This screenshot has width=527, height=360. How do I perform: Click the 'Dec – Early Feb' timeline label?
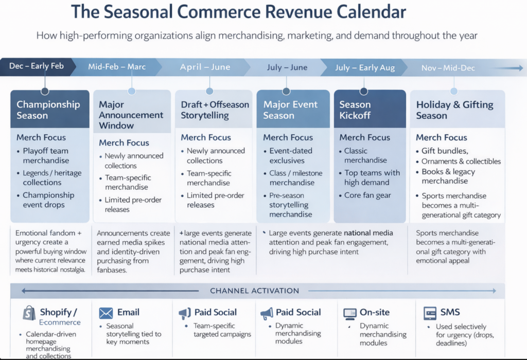[37, 66]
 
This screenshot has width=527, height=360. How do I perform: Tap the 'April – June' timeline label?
[205, 67]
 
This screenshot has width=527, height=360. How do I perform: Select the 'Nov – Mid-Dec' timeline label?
[448, 68]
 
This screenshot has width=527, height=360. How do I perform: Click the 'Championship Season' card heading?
[48, 110]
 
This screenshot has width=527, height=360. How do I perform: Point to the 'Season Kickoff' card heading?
[355, 110]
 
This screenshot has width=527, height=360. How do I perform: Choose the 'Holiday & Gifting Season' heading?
[455, 110]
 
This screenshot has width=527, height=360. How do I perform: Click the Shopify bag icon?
[29, 313]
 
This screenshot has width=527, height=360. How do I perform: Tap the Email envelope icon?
[106, 313]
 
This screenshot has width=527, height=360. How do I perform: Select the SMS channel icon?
[430, 313]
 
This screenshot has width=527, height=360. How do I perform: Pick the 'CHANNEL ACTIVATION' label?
[254, 291]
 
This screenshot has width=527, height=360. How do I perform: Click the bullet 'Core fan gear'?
[367, 195]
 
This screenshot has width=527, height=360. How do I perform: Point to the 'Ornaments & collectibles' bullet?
[461, 161]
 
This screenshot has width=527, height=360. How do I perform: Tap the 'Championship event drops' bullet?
[48, 200]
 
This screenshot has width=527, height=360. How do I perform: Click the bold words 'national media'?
[368, 233]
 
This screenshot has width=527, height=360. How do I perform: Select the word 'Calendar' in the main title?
[371, 12]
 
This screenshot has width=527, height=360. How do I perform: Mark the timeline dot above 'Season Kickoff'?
[364, 91]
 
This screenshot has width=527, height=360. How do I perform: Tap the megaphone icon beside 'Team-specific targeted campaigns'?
[185, 313]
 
